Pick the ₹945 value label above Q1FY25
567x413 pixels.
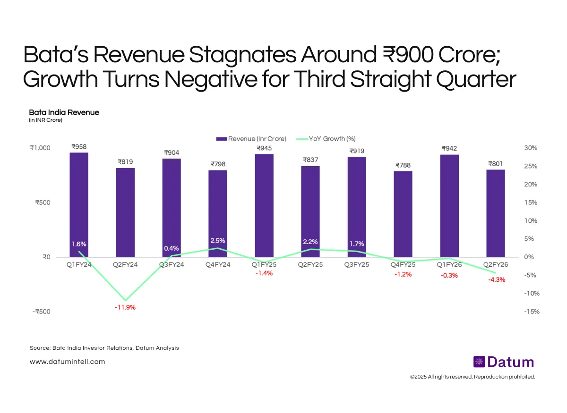[x=264, y=148]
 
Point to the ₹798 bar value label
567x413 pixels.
[x=218, y=164]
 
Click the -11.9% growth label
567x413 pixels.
[x=126, y=307]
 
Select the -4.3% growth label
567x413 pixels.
[x=497, y=279]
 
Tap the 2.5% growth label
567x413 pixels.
[x=218, y=241]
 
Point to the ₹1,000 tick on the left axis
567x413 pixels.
[x=40, y=148]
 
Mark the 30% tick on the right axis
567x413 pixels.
[x=531, y=148]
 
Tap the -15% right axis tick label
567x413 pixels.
[x=531, y=312]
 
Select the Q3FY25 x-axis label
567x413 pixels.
[x=357, y=265]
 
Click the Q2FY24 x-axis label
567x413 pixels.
[x=125, y=265]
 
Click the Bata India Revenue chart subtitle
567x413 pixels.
[x=64, y=112]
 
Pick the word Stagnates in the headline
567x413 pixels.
[x=236, y=56]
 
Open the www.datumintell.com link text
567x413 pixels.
[x=67, y=362]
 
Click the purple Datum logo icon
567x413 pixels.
[x=479, y=362]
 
